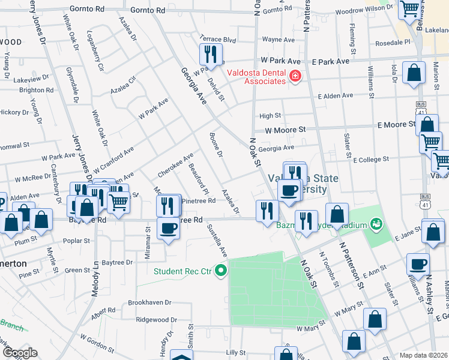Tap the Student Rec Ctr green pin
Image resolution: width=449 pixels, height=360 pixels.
[221, 271]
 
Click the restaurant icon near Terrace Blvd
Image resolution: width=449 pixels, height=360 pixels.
[210, 55]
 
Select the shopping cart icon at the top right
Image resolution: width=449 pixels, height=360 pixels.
[409, 9]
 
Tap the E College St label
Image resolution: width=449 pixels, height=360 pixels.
[372, 160]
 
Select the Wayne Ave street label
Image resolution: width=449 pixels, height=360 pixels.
[278, 40]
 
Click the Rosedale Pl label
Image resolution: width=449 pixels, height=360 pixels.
[391, 43]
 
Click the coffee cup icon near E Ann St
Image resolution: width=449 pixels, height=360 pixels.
[418, 264]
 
